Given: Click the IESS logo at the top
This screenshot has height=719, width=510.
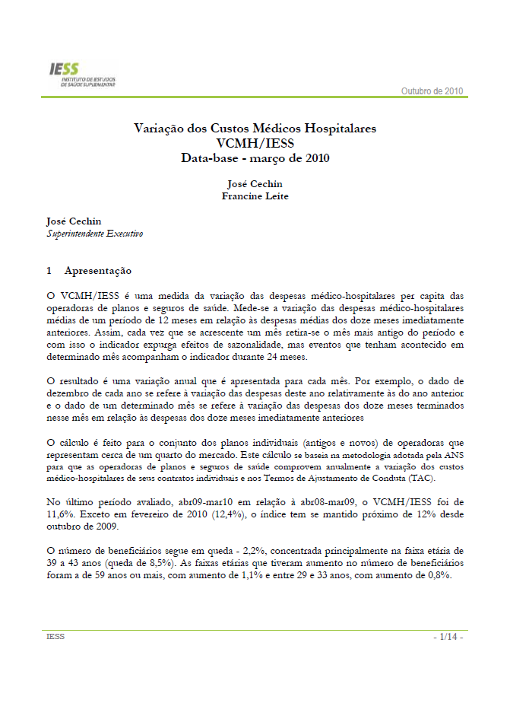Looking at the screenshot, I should (x=81, y=75).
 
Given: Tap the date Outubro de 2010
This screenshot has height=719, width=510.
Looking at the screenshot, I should (x=432, y=91).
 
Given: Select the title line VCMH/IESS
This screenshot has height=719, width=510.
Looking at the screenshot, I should (x=255, y=144).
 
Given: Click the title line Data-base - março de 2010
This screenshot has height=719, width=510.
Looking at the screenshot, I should (x=255, y=158).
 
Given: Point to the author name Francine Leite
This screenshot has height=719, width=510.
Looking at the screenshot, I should (x=255, y=196).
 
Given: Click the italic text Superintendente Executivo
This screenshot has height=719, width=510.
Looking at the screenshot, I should (x=95, y=234).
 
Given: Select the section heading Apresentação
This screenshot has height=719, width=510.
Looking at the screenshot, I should (x=98, y=270).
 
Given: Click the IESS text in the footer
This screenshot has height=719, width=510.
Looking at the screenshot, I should (x=55, y=637).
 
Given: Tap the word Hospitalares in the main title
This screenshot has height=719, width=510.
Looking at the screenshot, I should (x=334, y=129).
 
